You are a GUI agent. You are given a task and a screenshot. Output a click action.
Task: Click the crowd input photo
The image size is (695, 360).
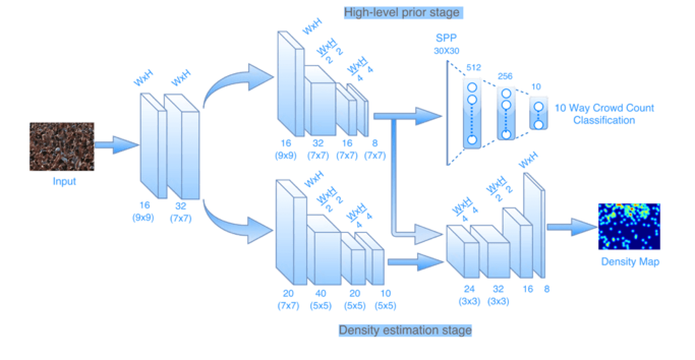tap(62, 146)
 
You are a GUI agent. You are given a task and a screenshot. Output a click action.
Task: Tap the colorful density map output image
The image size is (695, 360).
tap(629, 226)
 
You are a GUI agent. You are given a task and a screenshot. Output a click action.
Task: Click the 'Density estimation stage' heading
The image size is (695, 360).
tap(405, 331)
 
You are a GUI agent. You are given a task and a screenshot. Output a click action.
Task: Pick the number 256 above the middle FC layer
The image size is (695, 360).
tap(505, 77)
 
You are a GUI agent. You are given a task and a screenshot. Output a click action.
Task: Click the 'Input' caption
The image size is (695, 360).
tap(64, 181)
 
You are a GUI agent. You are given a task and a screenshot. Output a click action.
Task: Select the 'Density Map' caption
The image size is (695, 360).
tap(630, 262)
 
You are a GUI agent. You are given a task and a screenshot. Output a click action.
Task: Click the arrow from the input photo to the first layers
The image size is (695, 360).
tap(117, 145)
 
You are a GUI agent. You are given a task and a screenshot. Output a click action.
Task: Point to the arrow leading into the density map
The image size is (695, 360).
tap(572, 227)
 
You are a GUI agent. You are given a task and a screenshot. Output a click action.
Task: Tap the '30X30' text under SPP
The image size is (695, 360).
tap(446, 51)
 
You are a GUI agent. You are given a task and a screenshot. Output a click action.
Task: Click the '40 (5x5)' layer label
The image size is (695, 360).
tap(321, 299)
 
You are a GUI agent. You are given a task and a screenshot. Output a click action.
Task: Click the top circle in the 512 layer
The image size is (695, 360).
tap(472, 87)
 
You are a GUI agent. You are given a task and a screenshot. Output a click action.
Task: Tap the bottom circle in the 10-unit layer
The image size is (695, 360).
tap(538, 124)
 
